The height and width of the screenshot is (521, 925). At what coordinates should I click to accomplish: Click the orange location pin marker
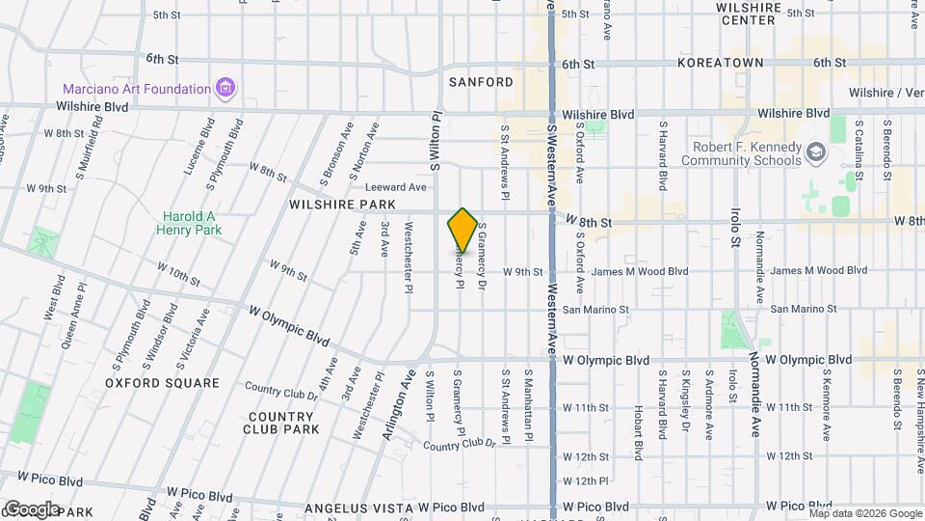tap(462, 230)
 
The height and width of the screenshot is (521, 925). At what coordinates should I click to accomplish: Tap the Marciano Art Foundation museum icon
tap(225, 89)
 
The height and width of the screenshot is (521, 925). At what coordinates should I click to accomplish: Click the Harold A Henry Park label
tap(192, 223)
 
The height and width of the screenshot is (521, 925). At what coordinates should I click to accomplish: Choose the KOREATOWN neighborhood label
tap(720, 63)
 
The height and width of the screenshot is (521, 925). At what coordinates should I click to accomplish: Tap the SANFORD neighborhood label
tap(481, 82)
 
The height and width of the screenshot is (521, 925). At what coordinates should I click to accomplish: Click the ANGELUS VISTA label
tap(352, 507)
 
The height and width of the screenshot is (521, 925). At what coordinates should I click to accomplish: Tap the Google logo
tap(32, 508)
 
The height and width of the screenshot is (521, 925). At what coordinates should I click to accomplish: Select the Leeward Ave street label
tap(395, 187)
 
